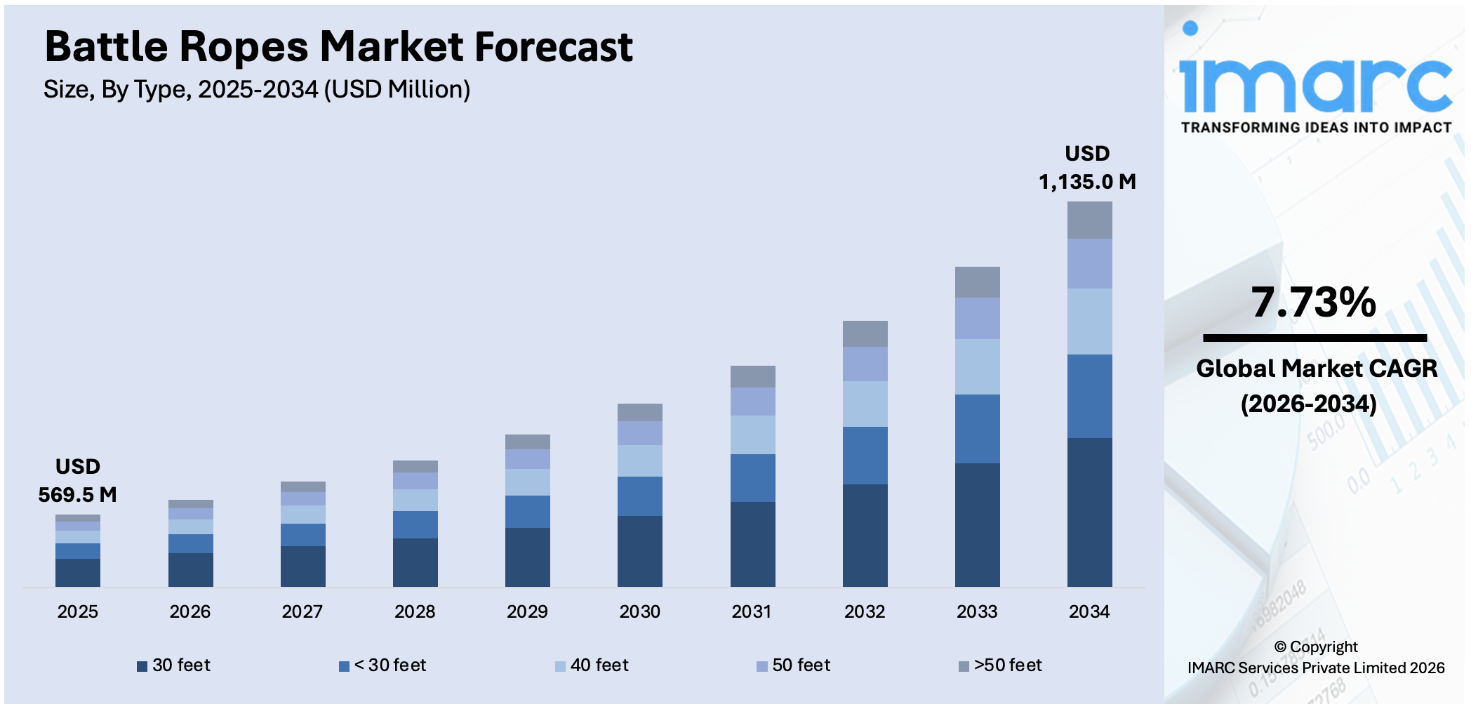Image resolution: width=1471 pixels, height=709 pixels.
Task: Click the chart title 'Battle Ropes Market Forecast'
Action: [x=338, y=46]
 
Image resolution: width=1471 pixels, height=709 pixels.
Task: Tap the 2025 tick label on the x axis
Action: [x=77, y=611]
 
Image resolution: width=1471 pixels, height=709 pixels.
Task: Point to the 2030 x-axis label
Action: [x=639, y=611]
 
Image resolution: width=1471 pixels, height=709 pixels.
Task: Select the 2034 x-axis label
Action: [x=1089, y=611]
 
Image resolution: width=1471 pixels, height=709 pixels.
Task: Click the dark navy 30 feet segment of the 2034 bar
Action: [x=1089, y=512]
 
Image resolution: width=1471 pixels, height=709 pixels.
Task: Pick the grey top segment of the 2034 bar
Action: [x=1089, y=220]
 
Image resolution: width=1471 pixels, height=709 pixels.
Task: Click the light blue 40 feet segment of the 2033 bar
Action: [x=977, y=366]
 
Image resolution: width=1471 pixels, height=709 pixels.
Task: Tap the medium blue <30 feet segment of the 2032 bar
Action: [x=865, y=455]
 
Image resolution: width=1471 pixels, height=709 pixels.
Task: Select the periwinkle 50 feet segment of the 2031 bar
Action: [x=752, y=401]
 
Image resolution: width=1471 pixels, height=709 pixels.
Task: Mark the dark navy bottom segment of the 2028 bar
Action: [x=415, y=562]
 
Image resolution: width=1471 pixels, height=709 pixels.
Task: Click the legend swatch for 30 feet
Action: [x=142, y=666]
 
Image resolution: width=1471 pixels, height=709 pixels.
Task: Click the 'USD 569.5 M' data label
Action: [x=77, y=481]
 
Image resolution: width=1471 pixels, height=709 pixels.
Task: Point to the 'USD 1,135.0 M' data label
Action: [x=1087, y=168]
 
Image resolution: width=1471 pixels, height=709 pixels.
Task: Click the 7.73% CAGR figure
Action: [x=1314, y=302]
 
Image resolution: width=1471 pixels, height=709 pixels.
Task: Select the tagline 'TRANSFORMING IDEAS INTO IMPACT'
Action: [x=1316, y=128]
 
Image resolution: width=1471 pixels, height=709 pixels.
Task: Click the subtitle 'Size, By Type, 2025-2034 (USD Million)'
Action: [x=257, y=90]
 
